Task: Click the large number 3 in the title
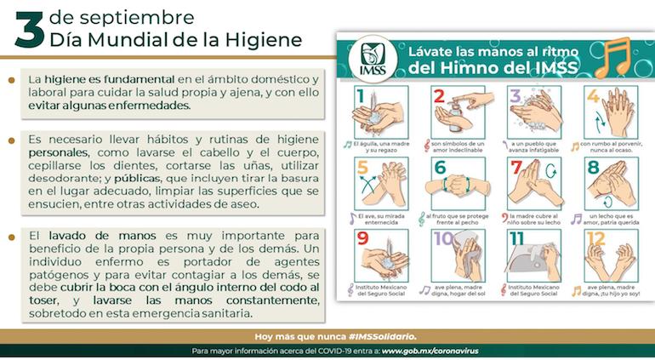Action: pos(29,31)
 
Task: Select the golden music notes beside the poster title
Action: pos(614,56)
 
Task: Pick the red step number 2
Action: pos(439,96)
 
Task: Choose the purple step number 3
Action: pos(515,96)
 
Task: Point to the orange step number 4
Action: pos(593,96)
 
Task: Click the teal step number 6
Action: pos(441,168)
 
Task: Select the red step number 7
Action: pos(515,168)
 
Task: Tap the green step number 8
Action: pos(593,168)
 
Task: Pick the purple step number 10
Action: pos(442,239)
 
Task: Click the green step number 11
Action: pos(516,239)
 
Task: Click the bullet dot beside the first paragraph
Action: pos(10,81)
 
